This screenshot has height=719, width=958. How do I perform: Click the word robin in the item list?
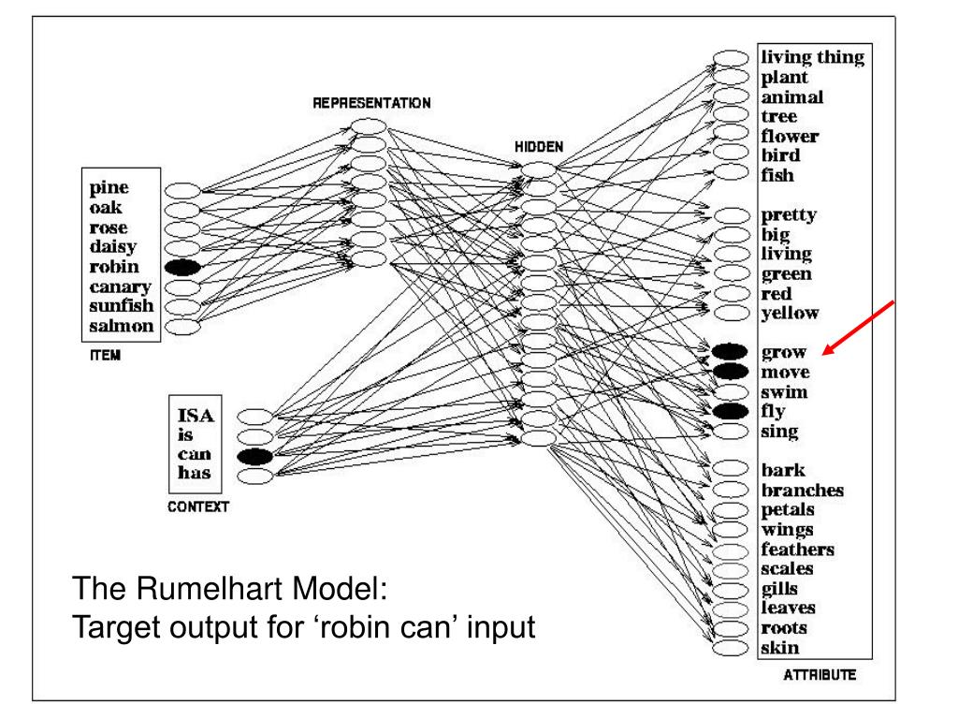pos(109,267)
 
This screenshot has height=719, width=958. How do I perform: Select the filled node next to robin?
pos(182,268)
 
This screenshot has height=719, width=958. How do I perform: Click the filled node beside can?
pos(254,456)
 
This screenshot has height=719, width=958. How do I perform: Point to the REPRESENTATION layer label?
pos(371,104)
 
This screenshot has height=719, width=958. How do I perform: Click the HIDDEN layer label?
pos(538,148)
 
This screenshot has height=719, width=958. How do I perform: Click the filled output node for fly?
pos(730,411)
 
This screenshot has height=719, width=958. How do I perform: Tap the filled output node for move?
pos(730,373)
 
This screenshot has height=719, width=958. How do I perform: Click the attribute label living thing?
pos(813,58)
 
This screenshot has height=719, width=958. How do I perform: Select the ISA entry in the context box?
pos(196,416)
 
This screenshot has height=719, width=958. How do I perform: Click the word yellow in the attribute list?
pos(791,313)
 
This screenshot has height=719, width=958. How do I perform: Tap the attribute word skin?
pos(778,648)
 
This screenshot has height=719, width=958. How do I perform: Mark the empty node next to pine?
pos(182,189)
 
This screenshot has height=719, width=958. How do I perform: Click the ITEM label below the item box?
pos(94,356)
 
